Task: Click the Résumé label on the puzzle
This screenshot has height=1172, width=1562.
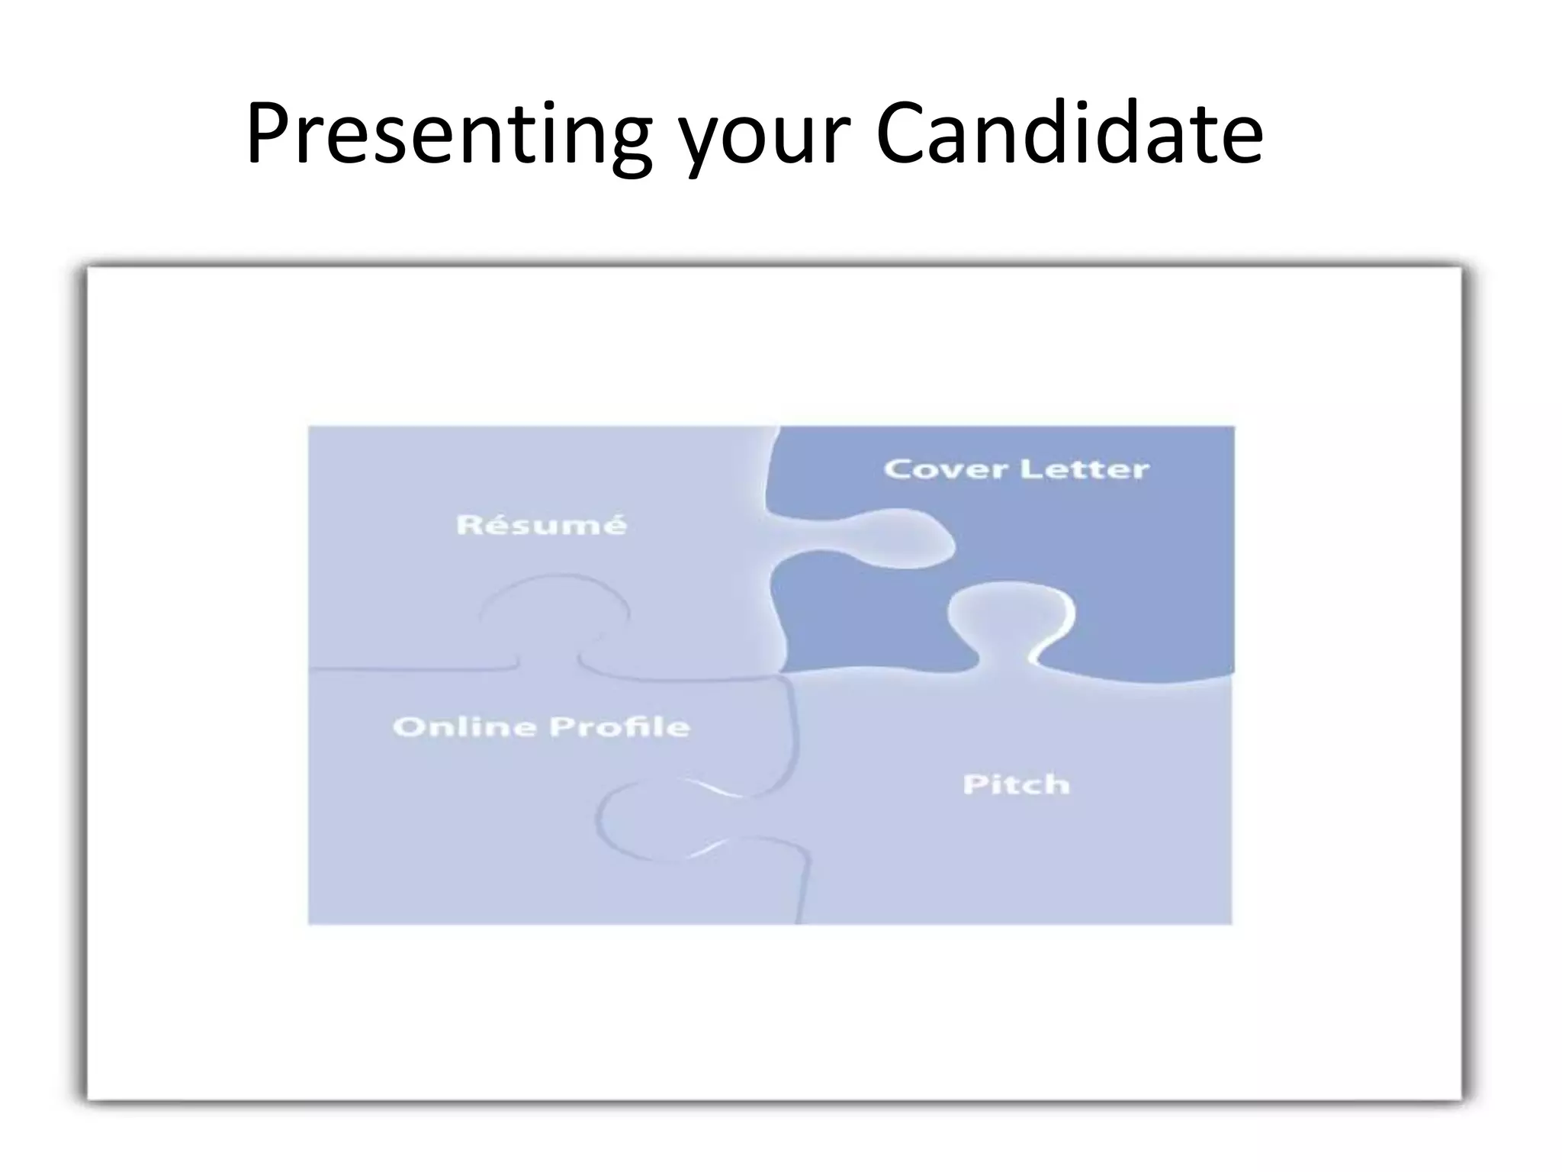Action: pyautogui.click(x=541, y=525)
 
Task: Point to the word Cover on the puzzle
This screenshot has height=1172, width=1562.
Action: pyautogui.click(x=945, y=468)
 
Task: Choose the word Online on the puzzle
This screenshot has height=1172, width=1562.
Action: pyautogui.click(x=464, y=726)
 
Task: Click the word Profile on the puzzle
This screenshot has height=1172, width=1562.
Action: pyautogui.click(x=619, y=726)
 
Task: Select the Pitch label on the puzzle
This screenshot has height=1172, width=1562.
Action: pyautogui.click(x=1016, y=784)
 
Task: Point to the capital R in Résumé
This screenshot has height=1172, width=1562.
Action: pyautogui.click(x=468, y=525)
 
